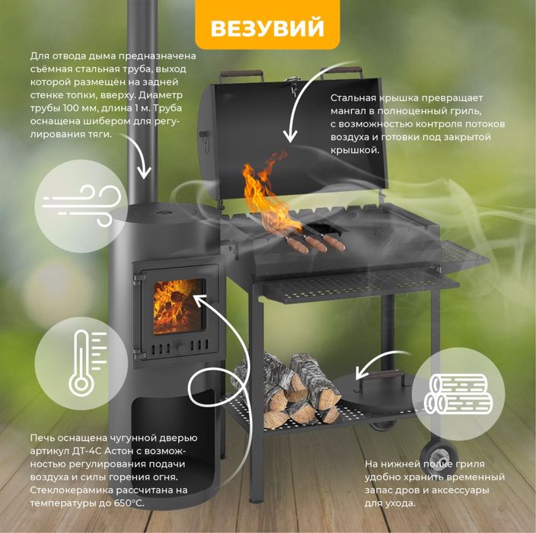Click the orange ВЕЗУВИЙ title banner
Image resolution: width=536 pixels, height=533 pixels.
(x=267, y=24)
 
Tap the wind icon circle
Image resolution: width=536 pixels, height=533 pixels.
(x=81, y=206)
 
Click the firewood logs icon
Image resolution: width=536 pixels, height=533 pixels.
(x=458, y=394)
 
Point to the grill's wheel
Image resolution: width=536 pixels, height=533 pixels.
(x=439, y=456)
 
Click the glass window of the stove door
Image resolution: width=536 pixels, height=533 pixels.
(x=178, y=306)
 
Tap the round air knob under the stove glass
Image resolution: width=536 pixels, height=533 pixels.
(x=181, y=348)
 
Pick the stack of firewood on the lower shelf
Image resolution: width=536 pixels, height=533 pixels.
(x=287, y=390)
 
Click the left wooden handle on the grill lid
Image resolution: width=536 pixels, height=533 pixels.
(x=241, y=74)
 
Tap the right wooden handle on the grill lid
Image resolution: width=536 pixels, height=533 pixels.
(x=341, y=70)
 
